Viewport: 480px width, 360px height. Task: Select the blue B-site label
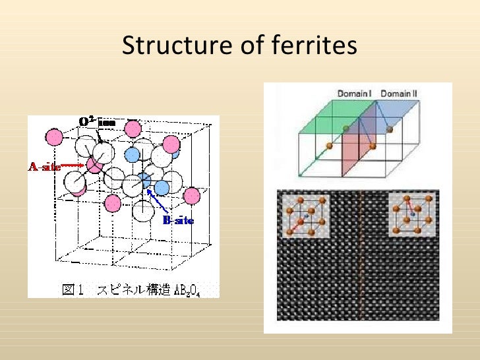178,220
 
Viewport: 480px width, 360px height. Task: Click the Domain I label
354,94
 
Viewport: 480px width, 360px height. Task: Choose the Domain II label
399,94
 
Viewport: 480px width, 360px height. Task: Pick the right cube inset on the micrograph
411,214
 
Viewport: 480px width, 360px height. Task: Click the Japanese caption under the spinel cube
123,289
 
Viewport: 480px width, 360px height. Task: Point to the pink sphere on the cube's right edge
192,196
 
